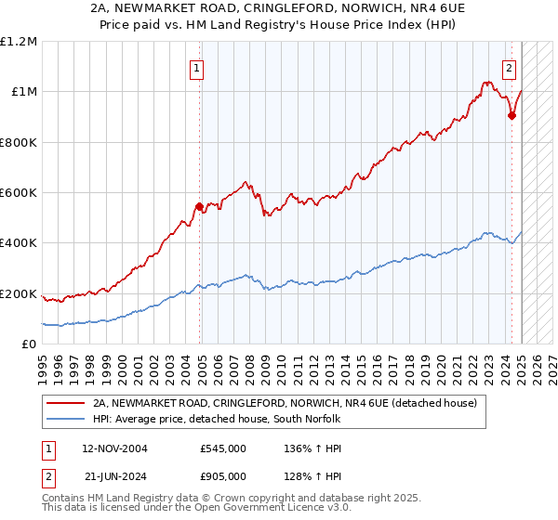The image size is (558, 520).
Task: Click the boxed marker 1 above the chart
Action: click(198, 67)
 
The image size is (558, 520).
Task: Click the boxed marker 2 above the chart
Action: click(510, 67)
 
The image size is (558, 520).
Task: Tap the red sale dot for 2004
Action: click(199, 206)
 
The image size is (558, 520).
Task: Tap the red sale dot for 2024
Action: click(511, 115)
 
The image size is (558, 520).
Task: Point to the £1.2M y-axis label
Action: click(19, 41)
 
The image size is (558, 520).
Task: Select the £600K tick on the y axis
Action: click(19, 193)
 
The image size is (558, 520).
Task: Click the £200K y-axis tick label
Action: click(19, 294)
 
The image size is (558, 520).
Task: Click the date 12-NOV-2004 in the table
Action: click(114, 448)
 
